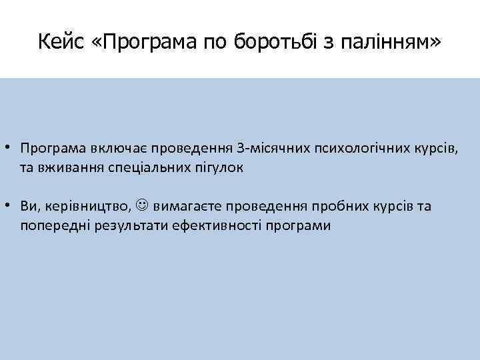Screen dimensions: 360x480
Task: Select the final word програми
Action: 297,226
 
